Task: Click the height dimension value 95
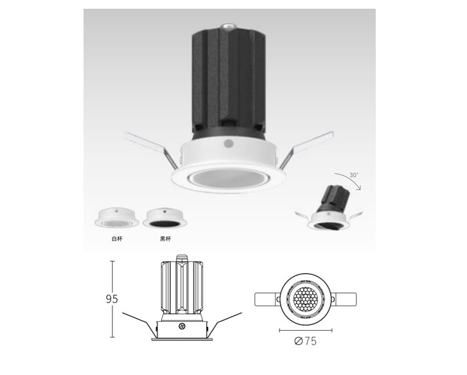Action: click(x=112, y=299)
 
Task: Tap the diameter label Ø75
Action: click(x=305, y=341)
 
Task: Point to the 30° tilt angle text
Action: click(x=354, y=175)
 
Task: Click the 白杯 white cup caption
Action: click(x=117, y=238)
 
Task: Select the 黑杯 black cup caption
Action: click(x=166, y=238)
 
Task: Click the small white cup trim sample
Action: click(x=117, y=217)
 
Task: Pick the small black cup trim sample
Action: click(x=164, y=218)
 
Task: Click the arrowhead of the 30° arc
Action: click(x=359, y=188)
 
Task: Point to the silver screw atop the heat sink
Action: click(x=228, y=27)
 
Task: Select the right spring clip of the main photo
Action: click(x=306, y=149)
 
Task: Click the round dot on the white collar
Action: click(x=229, y=144)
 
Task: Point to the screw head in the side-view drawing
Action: click(x=182, y=326)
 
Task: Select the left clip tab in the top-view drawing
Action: click(x=267, y=299)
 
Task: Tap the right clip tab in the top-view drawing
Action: click(x=344, y=299)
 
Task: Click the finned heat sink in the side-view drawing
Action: click(x=182, y=287)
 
